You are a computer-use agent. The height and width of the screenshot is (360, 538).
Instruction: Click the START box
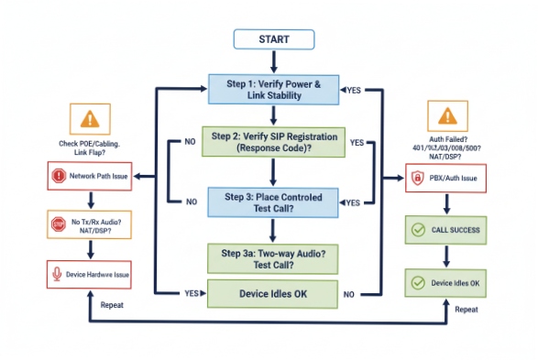pyautogui.click(x=274, y=39)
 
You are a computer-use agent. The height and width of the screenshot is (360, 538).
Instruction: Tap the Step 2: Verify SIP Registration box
pyautogui.click(x=273, y=143)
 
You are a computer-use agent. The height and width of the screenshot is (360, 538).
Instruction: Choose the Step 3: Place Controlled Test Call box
pyautogui.click(x=273, y=200)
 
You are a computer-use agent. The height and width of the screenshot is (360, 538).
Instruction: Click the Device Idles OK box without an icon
pyautogui.click(x=273, y=294)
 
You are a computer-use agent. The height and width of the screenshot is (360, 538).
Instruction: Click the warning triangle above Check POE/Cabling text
pyautogui.click(x=88, y=118)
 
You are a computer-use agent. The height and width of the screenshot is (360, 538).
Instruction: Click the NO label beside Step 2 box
pyautogui.click(x=190, y=143)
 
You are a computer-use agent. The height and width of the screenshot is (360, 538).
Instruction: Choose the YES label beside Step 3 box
pyautogui.click(x=352, y=201)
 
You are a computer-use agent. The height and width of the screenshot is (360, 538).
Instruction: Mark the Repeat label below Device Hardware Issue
pyautogui.click(x=113, y=303)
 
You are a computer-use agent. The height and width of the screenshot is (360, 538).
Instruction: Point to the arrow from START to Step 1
pyautogui.click(x=274, y=61)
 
